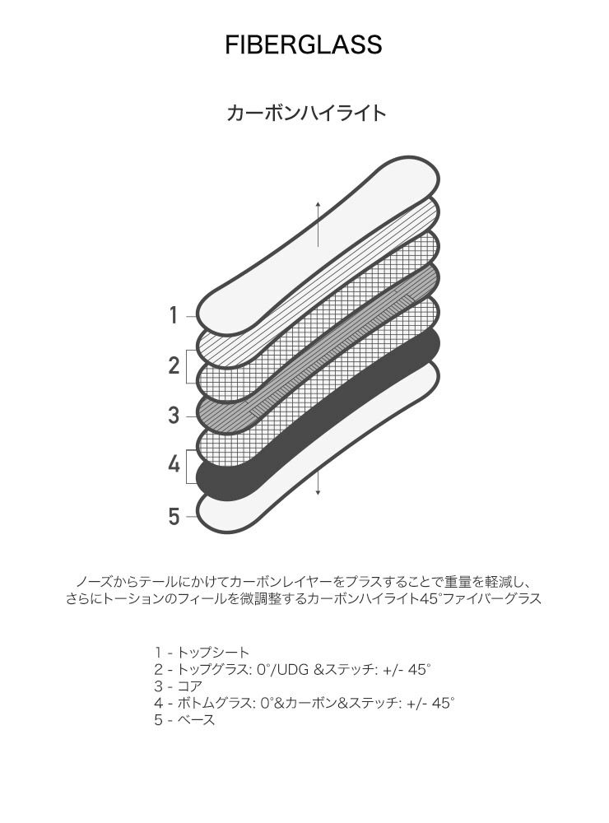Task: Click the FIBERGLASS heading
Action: coord(304,44)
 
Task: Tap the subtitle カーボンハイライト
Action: coord(305,113)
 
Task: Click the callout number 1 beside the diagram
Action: coord(174,315)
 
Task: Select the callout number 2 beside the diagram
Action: coord(174,366)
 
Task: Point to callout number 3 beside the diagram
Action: coord(174,416)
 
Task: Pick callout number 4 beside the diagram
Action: coord(174,465)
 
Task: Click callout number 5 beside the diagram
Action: coord(174,517)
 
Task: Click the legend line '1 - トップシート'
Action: coord(201,653)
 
